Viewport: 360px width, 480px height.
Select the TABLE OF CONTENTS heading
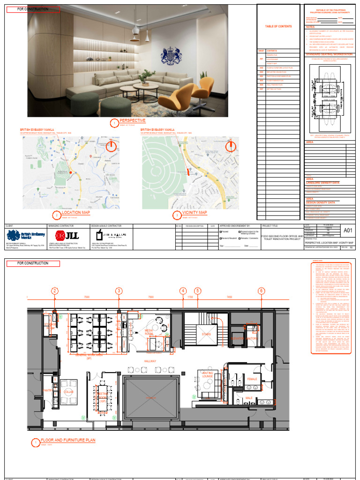click(278, 27)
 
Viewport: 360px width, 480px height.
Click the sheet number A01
click(348, 230)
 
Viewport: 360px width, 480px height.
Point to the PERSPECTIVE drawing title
click(133, 121)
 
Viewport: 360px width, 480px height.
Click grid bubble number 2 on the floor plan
click(55, 291)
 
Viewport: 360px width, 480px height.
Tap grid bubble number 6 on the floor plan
click(261, 291)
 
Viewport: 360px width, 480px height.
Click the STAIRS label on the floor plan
click(206, 334)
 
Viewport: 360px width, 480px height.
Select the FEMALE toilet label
click(253, 379)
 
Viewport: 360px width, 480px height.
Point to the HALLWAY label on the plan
click(150, 361)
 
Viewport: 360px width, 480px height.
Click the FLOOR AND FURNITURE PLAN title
click(68, 441)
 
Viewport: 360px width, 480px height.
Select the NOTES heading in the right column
click(311, 27)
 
